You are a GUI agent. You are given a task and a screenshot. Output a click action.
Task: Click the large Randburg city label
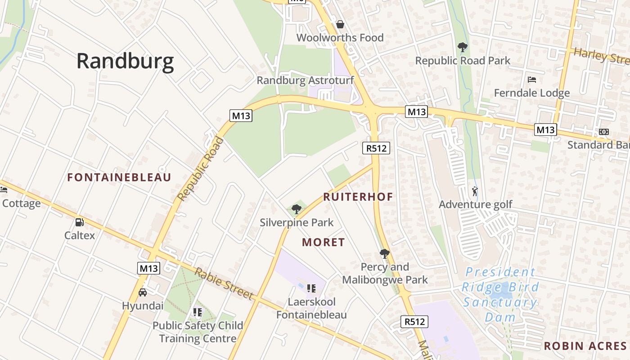pyautogui.click(x=125, y=61)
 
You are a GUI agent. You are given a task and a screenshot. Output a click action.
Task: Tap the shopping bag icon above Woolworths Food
pyautogui.click(x=340, y=24)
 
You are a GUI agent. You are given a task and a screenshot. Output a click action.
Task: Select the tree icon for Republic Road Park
pyautogui.click(x=462, y=47)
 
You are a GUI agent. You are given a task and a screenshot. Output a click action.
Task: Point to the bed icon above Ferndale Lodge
pyautogui.click(x=532, y=80)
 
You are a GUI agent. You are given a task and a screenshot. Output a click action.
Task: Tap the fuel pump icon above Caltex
pyautogui.click(x=80, y=222)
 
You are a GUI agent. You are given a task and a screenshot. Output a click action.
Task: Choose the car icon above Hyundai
pyautogui.click(x=143, y=292)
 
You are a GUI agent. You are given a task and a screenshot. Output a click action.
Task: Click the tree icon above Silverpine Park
pyautogui.click(x=296, y=209)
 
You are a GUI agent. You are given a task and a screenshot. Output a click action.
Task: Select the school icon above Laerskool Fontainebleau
pyautogui.click(x=311, y=288)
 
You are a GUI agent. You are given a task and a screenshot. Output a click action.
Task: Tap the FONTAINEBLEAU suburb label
pyautogui.click(x=119, y=177)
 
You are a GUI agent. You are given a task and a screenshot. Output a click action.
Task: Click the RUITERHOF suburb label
pyautogui.click(x=358, y=197)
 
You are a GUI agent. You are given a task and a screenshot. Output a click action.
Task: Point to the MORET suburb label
pyautogui.click(x=324, y=243)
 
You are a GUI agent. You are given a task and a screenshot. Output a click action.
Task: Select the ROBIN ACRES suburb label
pyautogui.click(x=585, y=346)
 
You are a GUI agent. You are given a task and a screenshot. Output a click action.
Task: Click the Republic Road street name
pyautogui.click(x=201, y=169)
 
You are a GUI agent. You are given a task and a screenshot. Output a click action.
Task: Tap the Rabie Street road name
pyautogui.click(x=224, y=283)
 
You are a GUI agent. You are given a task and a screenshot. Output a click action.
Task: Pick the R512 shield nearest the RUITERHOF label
pyautogui.click(x=376, y=148)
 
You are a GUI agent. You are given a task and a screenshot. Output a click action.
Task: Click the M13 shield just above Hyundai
pyautogui.click(x=148, y=268)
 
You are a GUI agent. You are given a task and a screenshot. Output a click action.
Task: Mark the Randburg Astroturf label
pyautogui.click(x=305, y=81)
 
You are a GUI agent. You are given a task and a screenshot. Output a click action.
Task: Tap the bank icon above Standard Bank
pyautogui.click(x=604, y=131)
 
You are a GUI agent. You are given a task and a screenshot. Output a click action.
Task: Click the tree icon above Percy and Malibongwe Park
pyautogui.click(x=384, y=254)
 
